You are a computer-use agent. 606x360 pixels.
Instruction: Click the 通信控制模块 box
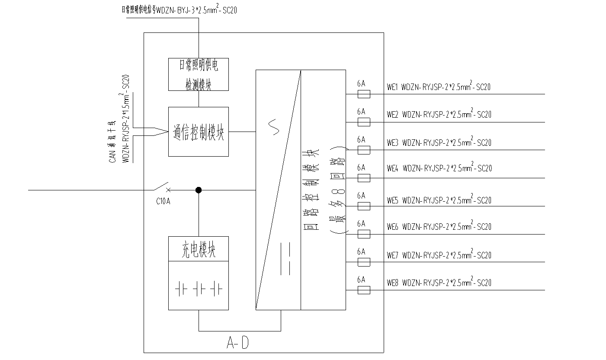coord(198,132)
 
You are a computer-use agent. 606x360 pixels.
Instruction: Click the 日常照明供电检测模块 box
coord(198,74)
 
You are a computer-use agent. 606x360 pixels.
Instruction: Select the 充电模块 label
coord(198,250)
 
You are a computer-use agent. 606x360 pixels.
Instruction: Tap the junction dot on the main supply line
coord(199,190)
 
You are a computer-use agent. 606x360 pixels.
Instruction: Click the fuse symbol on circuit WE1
coord(364,94)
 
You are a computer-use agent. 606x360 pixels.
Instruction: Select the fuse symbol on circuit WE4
coord(364,178)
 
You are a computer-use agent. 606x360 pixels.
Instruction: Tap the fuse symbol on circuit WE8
coord(364,290)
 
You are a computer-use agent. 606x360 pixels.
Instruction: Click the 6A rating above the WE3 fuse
coord(361,140)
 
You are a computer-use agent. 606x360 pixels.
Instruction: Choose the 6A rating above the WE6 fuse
coord(361,224)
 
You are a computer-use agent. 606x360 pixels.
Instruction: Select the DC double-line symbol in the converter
coord(285,259)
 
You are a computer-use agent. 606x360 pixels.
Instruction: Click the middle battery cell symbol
coord(199,289)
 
